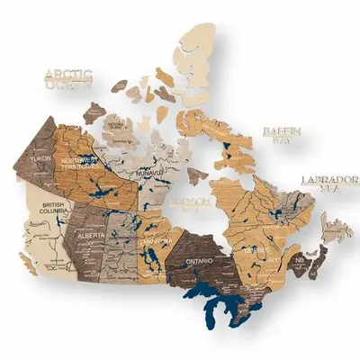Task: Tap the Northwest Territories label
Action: click(83, 163)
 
